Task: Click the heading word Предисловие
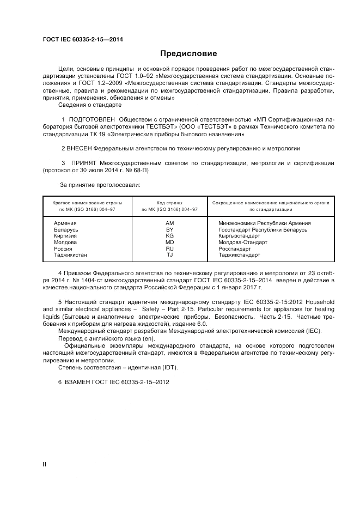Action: click(x=188, y=53)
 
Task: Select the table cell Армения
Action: click(x=65, y=223)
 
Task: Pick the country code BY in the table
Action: click(x=169, y=230)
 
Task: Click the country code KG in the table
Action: click(x=169, y=236)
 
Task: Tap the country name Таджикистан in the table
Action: click(x=71, y=254)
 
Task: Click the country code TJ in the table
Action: click(x=169, y=254)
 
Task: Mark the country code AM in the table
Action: click(x=169, y=223)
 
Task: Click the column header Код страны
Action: click(x=169, y=202)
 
